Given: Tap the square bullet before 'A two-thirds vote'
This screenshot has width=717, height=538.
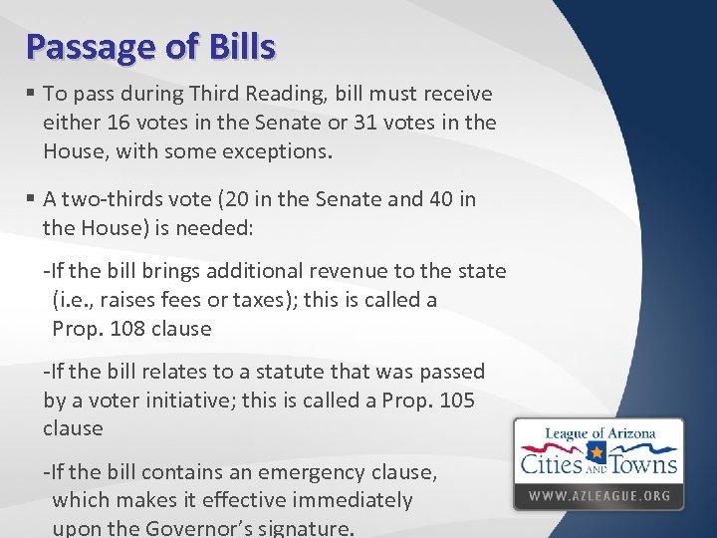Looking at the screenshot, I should tap(32, 199).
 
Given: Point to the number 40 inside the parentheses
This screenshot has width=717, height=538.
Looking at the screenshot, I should tap(444, 199).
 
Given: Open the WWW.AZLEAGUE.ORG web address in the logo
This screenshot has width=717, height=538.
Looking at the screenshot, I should tap(598, 495).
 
